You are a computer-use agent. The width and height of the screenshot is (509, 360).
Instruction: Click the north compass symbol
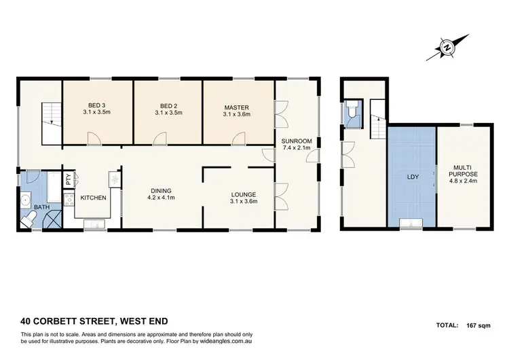tap(448, 48)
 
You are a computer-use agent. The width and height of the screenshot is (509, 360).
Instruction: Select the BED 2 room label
tap(168, 106)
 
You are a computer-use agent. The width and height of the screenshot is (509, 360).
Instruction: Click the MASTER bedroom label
tap(236, 107)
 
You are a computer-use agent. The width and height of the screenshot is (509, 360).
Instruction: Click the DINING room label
tap(162, 190)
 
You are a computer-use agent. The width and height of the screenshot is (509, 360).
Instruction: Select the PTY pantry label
tap(68, 180)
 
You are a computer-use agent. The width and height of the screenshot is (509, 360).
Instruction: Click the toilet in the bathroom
tap(30, 217)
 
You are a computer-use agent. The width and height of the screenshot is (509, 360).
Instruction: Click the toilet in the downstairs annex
tap(351, 113)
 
